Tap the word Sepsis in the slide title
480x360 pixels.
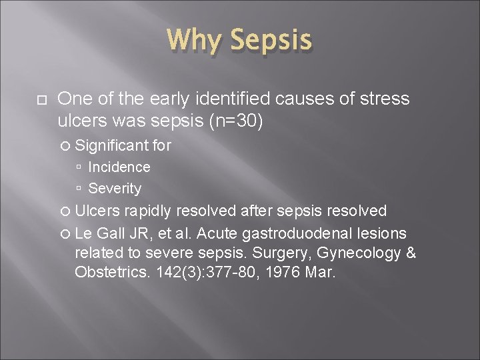271,41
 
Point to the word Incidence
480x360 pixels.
119,167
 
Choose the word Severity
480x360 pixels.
115,189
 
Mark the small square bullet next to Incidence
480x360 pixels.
79,167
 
